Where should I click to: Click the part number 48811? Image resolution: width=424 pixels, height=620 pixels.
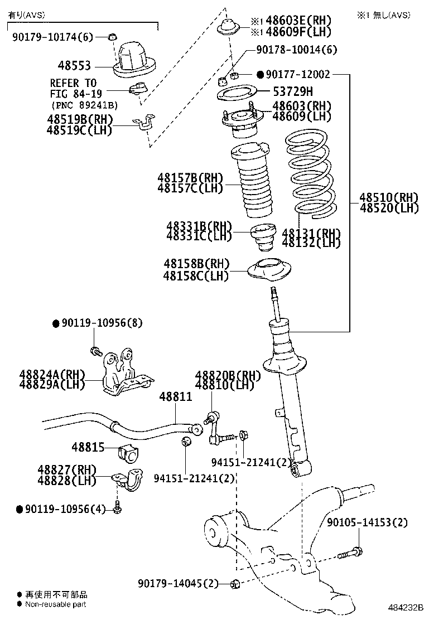[x=175, y=397]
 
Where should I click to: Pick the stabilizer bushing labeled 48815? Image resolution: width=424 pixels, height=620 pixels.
[x=128, y=453]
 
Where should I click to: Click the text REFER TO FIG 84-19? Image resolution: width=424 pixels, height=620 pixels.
[x=73, y=88]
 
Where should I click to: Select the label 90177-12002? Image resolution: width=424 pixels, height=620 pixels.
[x=301, y=74]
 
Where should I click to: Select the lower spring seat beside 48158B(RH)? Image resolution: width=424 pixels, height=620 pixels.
[x=270, y=272]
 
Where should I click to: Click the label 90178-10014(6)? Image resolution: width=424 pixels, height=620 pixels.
[x=297, y=50]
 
